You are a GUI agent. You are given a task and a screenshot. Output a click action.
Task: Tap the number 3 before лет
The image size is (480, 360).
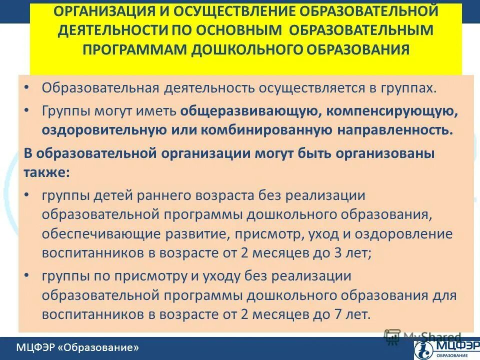341,253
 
